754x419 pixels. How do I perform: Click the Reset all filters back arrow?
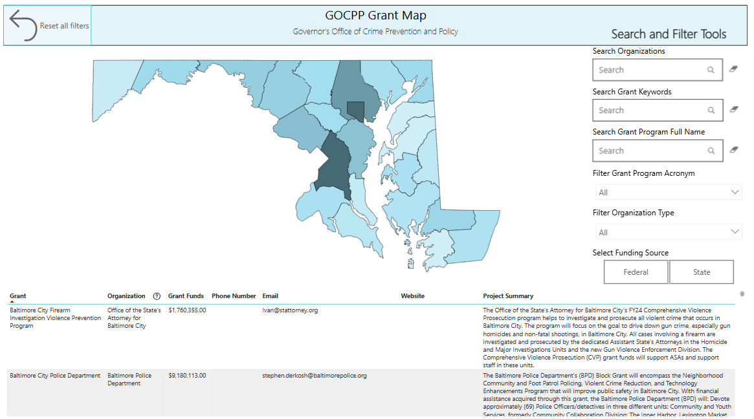(23, 25)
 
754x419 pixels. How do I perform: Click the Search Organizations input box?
(658, 70)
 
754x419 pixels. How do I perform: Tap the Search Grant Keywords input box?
(658, 110)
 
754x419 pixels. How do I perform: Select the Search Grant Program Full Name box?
(658, 151)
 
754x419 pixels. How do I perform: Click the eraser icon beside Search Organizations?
(733, 69)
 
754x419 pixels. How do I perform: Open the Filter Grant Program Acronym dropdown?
(669, 192)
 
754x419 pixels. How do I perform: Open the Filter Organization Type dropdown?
(669, 232)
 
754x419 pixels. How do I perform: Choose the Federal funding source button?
(636, 272)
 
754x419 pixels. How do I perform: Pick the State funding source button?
(702, 272)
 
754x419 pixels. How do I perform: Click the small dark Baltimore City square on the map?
(356, 111)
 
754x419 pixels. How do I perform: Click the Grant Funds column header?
(186, 296)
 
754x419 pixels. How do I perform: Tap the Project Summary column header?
(508, 296)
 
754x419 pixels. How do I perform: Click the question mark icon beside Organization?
(157, 296)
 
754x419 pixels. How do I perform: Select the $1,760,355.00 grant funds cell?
(187, 310)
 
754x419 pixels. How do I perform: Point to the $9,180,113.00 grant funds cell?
(187, 376)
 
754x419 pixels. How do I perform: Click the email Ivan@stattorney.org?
(290, 310)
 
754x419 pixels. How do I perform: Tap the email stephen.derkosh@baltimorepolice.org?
(315, 376)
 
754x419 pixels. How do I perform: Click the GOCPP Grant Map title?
(375, 16)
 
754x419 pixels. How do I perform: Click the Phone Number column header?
(234, 296)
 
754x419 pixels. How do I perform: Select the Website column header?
(412, 296)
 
